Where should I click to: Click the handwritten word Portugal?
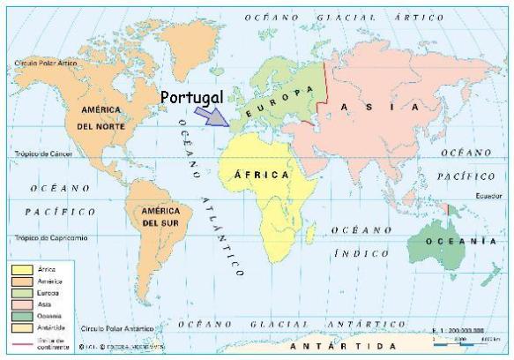(192, 95)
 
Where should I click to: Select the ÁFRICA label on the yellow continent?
(261, 175)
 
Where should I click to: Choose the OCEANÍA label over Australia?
(456, 241)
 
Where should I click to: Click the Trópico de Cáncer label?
(41, 154)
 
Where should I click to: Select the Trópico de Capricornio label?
(49, 237)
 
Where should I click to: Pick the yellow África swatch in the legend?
(22, 268)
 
